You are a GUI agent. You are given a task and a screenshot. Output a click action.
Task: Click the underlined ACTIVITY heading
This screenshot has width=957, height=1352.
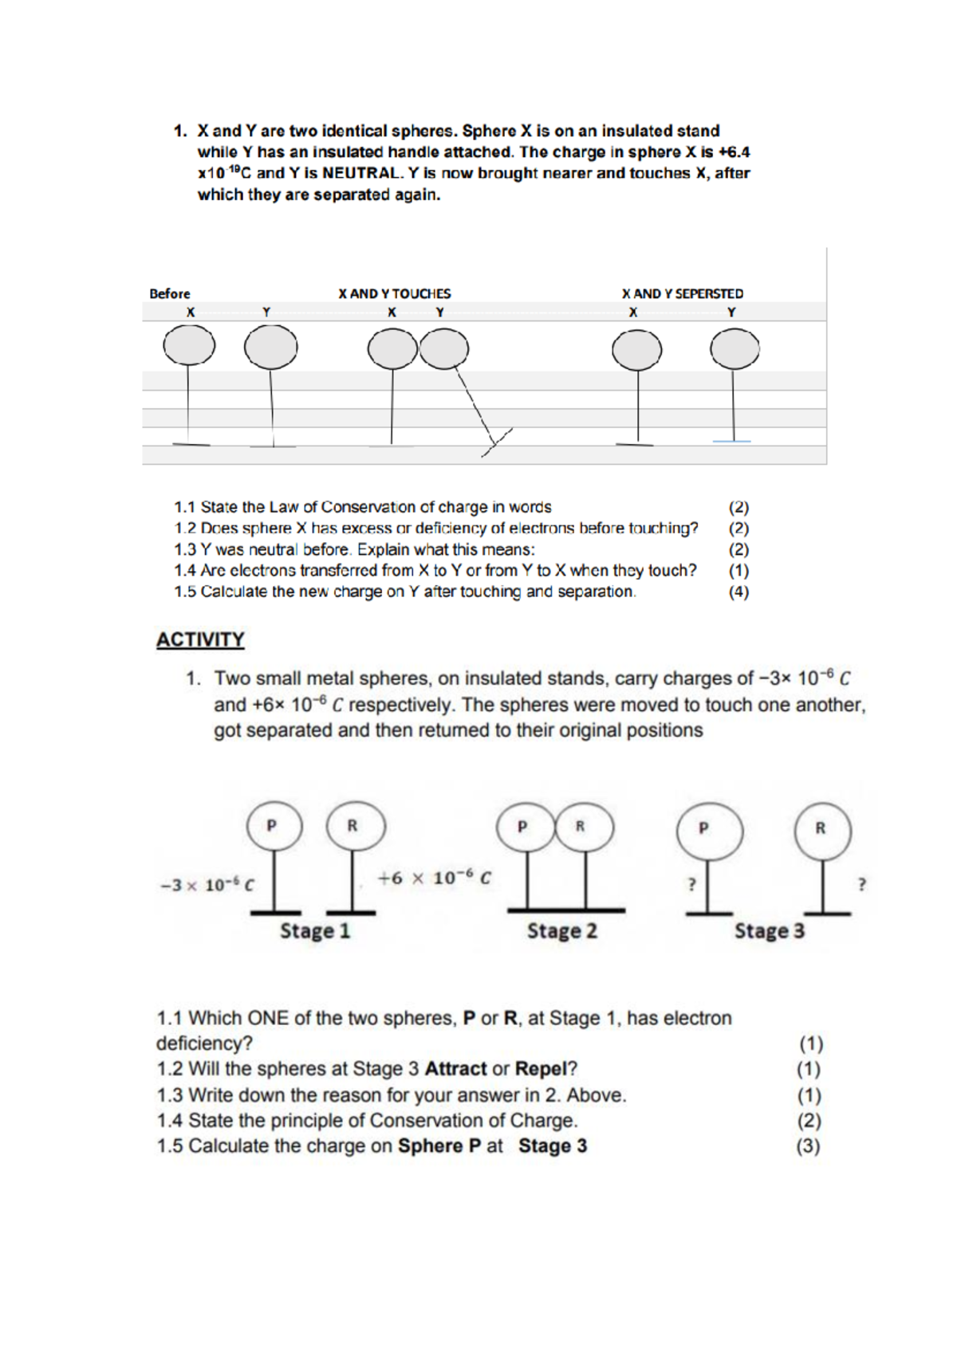(200, 639)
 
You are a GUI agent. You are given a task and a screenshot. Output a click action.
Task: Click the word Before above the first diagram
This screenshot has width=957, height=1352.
(170, 293)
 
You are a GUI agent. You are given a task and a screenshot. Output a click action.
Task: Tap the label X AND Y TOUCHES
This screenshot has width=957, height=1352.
(394, 293)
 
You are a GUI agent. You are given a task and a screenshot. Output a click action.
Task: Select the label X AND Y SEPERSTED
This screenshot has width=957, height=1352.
(682, 293)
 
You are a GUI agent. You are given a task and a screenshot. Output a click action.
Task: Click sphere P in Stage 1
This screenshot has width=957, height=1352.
(274, 826)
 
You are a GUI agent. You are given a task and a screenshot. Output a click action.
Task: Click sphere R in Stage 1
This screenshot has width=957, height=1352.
(355, 826)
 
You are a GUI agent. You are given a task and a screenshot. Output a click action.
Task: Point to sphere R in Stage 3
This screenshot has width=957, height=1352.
(822, 829)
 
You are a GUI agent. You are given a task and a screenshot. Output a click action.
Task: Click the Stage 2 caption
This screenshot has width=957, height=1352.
(561, 930)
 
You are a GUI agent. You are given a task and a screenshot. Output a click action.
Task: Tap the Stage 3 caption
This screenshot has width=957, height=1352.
(769, 930)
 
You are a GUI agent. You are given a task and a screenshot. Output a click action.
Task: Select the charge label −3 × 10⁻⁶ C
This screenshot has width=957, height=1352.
(207, 885)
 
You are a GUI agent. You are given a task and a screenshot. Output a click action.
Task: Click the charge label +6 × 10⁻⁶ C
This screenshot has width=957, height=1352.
(434, 878)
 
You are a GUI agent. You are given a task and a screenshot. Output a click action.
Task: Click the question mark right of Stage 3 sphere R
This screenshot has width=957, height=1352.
(861, 884)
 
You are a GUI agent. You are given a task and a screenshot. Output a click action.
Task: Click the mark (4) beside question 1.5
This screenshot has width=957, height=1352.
(738, 591)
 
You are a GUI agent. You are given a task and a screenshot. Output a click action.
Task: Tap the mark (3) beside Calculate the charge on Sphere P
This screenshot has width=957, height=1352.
(809, 1146)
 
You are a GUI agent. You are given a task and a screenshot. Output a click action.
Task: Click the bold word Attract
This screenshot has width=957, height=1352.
(455, 1068)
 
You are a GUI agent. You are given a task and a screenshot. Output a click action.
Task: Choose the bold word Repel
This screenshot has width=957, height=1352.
(541, 1068)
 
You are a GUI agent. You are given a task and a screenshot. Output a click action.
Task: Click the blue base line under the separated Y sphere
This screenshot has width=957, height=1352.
(732, 441)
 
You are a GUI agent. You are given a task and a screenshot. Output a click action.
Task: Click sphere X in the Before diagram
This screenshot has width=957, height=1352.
(189, 347)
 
